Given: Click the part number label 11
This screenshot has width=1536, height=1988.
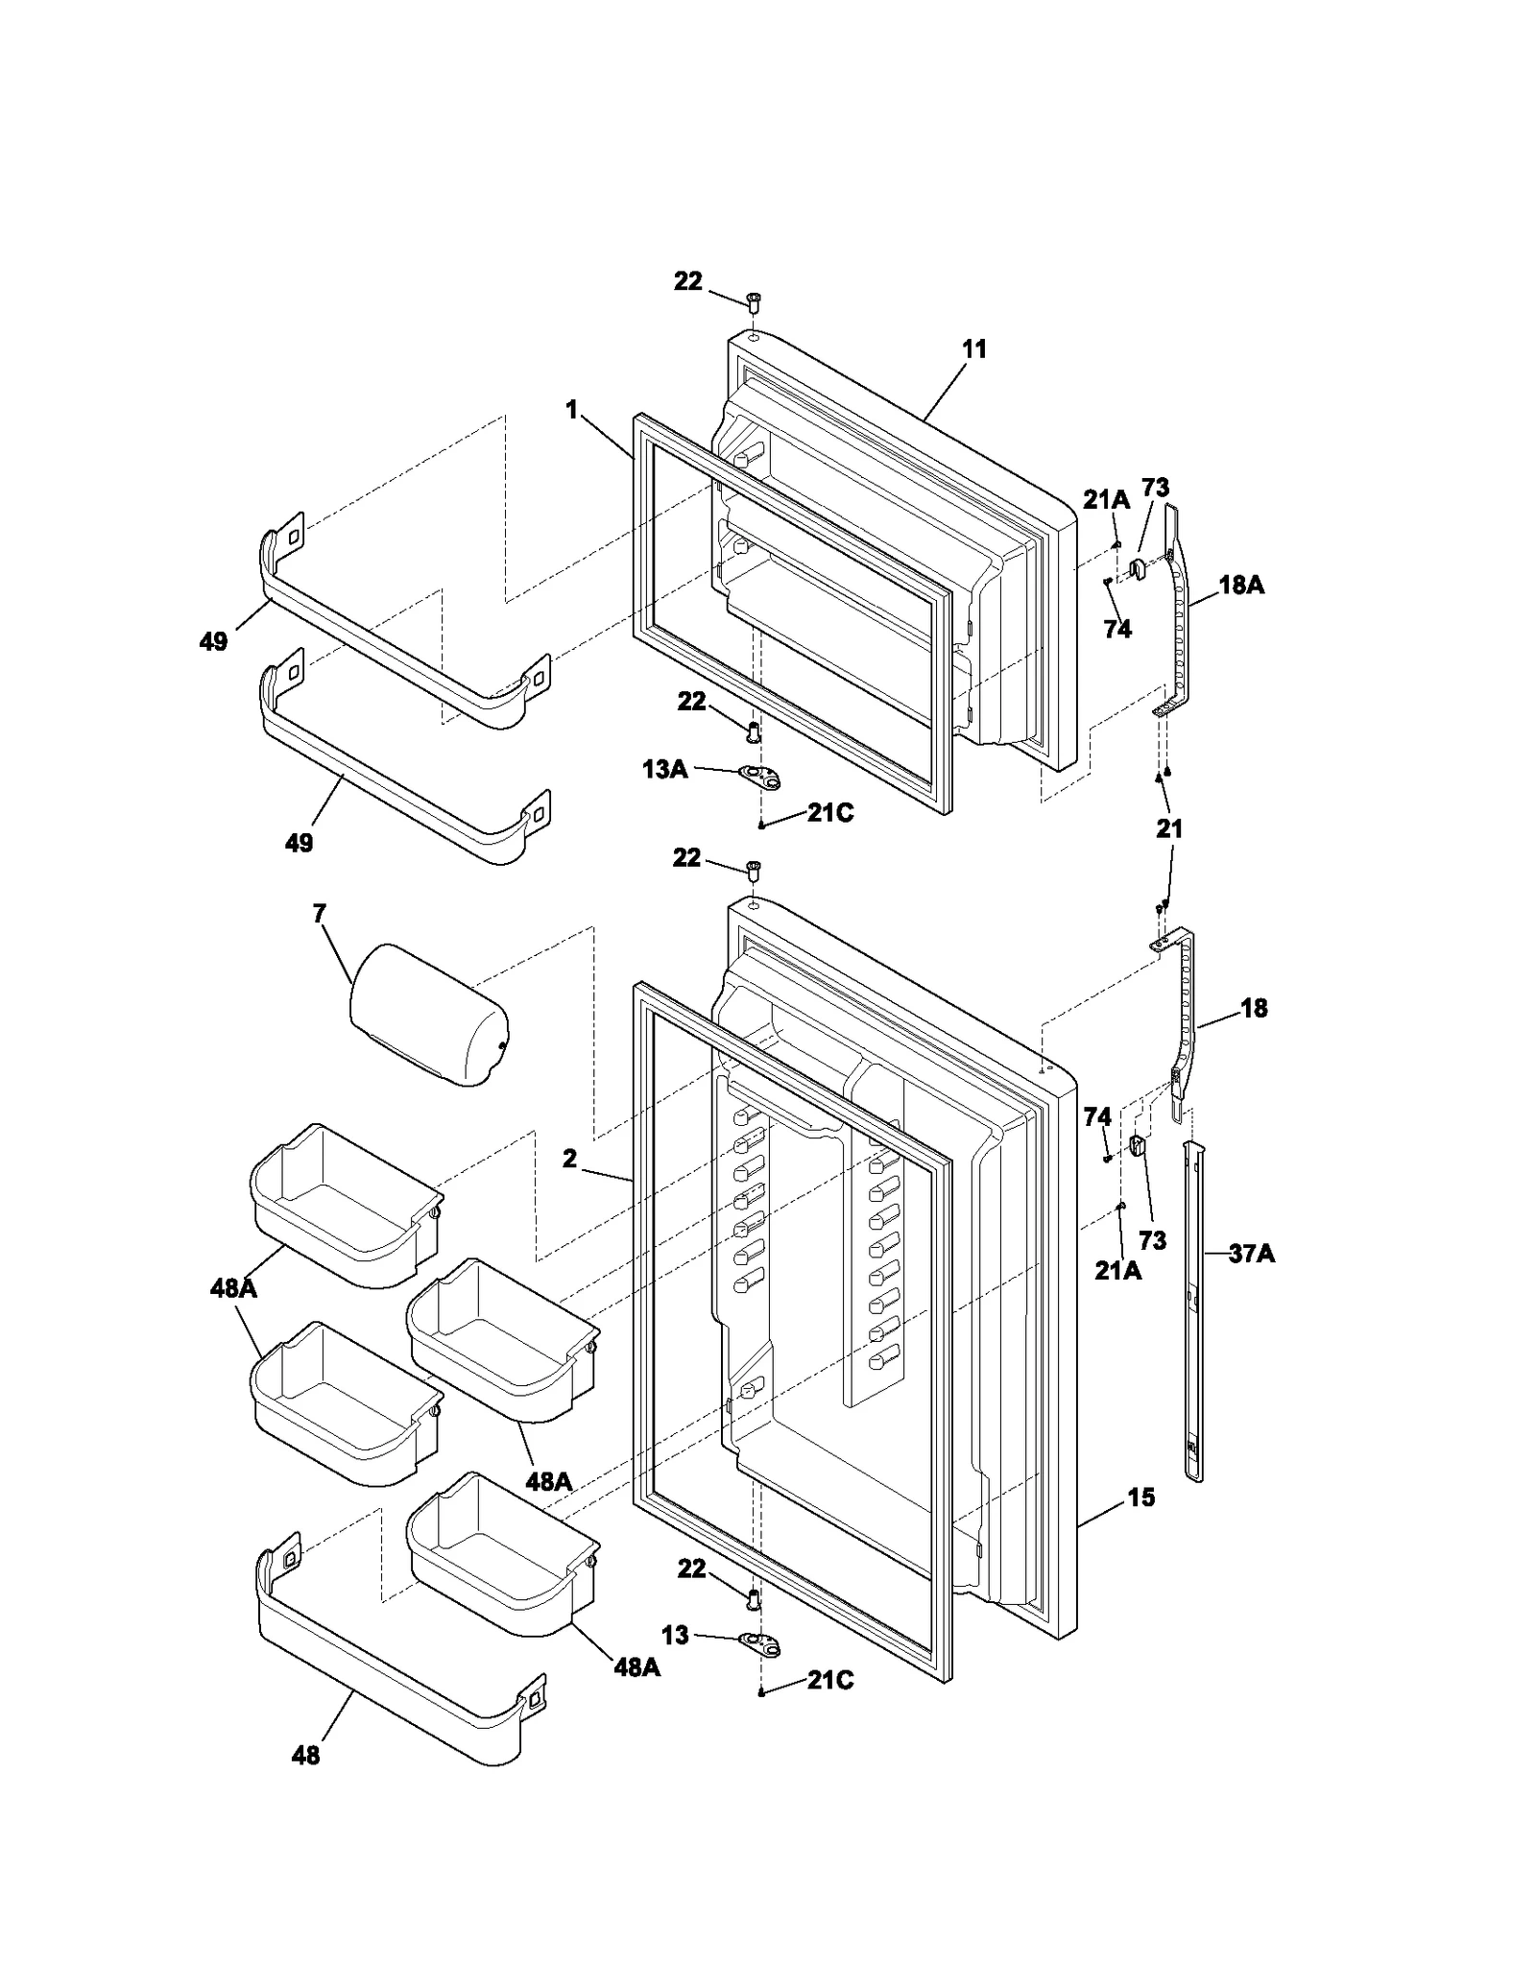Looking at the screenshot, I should (x=974, y=349).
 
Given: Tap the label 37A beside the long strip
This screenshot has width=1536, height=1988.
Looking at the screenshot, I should (x=1251, y=1253).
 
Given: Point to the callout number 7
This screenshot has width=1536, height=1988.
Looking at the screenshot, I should (x=320, y=914).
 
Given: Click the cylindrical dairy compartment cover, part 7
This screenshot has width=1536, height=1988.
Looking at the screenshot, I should (x=429, y=1015).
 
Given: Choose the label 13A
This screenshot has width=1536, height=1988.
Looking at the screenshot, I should (x=664, y=769).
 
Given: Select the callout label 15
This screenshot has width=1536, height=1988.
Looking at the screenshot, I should (x=1140, y=1497).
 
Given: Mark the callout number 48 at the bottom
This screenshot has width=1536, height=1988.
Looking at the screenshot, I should (x=305, y=1756).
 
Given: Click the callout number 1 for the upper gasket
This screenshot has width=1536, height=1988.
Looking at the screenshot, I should (x=572, y=411).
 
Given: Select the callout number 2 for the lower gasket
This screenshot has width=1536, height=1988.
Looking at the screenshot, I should (x=570, y=1160).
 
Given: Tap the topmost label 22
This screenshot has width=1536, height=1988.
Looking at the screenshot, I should (x=687, y=282).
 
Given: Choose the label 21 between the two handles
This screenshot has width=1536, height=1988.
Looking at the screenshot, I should (x=1169, y=828).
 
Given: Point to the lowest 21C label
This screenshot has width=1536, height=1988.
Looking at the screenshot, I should (x=830, y=1681).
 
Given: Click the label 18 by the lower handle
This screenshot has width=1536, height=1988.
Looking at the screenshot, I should (x=1254, y=1008).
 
